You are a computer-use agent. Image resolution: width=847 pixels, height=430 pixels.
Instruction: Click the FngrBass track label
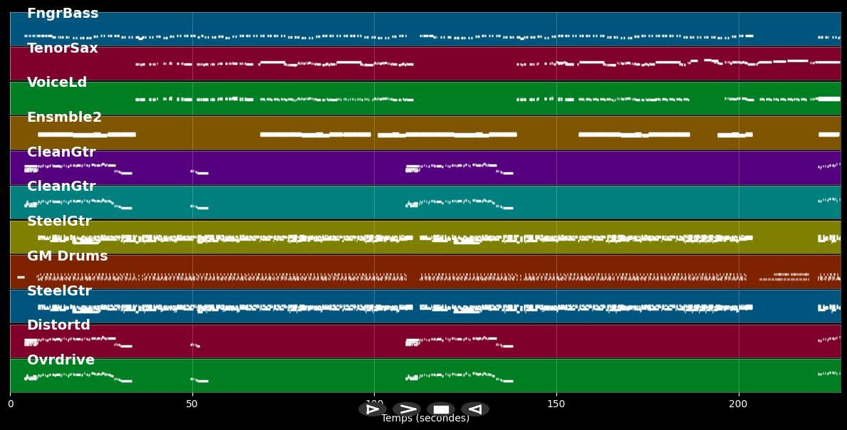pyautogui.click(x=63, y=14)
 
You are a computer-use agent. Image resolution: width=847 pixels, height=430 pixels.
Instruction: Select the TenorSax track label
pyautogui.click(x=63, y=48)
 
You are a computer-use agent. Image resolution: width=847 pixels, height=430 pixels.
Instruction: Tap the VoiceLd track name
pyautogui.click(x=57, y=83)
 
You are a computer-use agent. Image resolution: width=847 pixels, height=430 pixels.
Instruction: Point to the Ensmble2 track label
pyautogui.click(x=64, y=117)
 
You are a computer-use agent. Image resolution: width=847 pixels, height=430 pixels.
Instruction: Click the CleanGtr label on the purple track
pyautogui.click(x=61, y=152)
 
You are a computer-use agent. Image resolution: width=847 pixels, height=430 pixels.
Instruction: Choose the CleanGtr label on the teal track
pyautogui.click(x=61, y=187)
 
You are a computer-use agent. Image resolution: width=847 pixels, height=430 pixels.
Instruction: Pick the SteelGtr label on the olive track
pyautogui.click(x=59, y=221)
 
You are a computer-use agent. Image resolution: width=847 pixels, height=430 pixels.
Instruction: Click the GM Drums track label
pyautogui.click(x=68, y=256)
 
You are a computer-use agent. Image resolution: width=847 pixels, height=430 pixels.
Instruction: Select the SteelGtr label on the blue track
pyautogui.click(x=59, y=291)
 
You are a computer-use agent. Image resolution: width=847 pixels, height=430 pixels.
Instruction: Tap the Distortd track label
pyautogui.click(x=58, y=325)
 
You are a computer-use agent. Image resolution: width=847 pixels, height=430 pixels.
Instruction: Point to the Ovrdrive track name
pyautogui.click(x=61, y=360)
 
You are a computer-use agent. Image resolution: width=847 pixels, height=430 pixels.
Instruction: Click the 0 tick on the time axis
pyautogui.click(x=10, y=404)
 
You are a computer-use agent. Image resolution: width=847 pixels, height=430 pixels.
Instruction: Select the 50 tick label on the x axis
pyautogui.click(x=192, y=404)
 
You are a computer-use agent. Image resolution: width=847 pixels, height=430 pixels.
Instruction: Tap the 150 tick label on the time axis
pyautogui.click(x=556, y=404)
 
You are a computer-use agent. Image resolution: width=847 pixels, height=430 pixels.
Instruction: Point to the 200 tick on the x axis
pyautogui.click(x=739, y=404)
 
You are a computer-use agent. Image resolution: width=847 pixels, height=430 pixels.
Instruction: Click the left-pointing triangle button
pyautogui.click(x=475, y=409)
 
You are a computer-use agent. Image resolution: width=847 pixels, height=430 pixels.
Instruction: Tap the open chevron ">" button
pyautogui.click(x=407, y=409)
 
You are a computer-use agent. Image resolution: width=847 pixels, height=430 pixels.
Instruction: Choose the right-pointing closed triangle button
pyautogui.click(x=372, y=409)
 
